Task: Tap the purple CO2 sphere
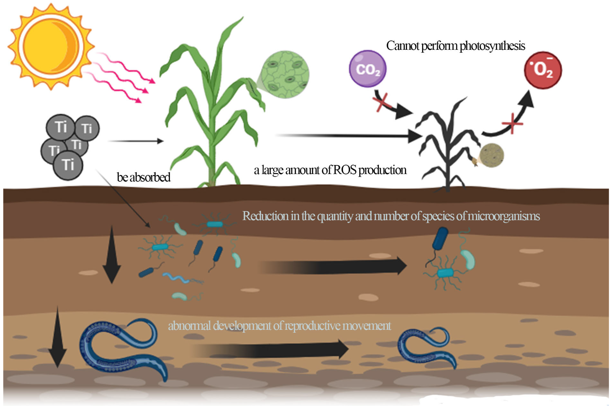click(x=367, y=69)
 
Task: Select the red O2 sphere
click(x=543, y=70)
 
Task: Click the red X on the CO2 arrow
click(x=382, y=102)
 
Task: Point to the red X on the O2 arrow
click(x=512, y=124)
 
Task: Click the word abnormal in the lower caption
click(x=189, y=326)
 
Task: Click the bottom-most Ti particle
click(x=68, y=165)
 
